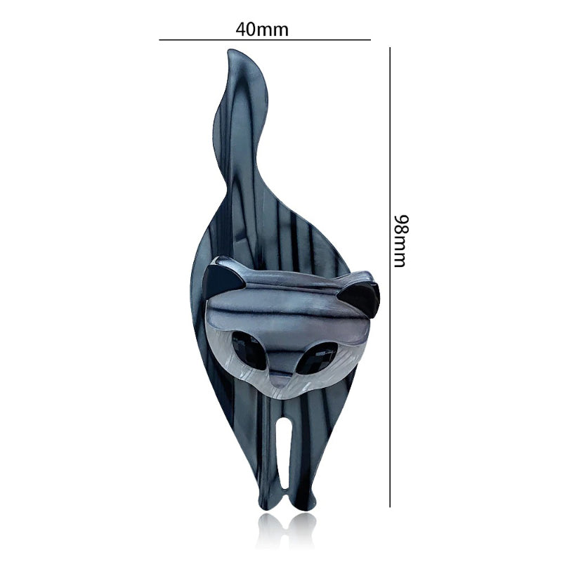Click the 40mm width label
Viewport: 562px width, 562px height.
(x=262, y=30)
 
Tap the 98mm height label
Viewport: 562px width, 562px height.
(x=400, y=241)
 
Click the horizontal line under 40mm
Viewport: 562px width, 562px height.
(x=265, y=40)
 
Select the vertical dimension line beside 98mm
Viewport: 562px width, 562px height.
(x=390, y=277)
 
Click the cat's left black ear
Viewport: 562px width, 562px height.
(x=222, y=278)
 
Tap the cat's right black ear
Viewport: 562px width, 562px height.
(x=361, y=298)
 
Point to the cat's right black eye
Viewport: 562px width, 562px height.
(x=318, y=358)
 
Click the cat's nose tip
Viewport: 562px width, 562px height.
(x=282, y=384)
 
